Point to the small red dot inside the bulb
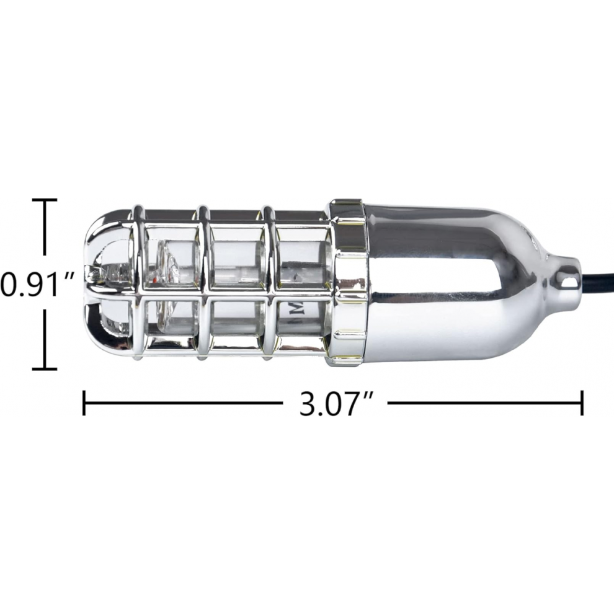[x=156, y=279]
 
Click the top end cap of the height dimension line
[x=45, y=200]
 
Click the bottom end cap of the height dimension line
[x=45, y=368]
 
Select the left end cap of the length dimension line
[x=84, y=403]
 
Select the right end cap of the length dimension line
[x=582, y=403]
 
